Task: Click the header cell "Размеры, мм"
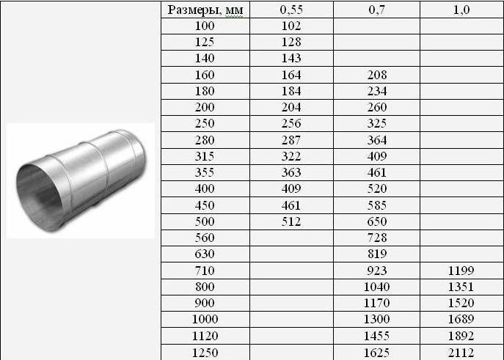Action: (x=205, y=10)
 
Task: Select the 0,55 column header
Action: (x=291, y=10)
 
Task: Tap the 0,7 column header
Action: (x=376, y=10)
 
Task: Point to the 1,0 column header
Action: (x=461, y=10)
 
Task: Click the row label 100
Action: (x=205, y=26)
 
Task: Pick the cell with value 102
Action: (x=291, y=26)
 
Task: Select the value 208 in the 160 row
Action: (x=376, y=75)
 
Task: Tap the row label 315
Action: (x=205, y=156)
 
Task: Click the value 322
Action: (x=291, y=156)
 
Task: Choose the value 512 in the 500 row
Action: (x=291, y=221)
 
